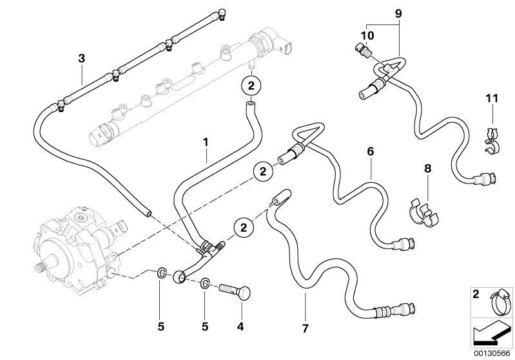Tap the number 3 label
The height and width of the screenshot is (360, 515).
(x=81, y=59)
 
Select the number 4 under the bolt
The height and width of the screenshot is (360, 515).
(x=240, y=327)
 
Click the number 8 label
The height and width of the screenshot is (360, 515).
(x=426, y=169)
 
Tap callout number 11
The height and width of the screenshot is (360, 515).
(x=492, y=98)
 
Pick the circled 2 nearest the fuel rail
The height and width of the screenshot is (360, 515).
(x=251, y=84)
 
